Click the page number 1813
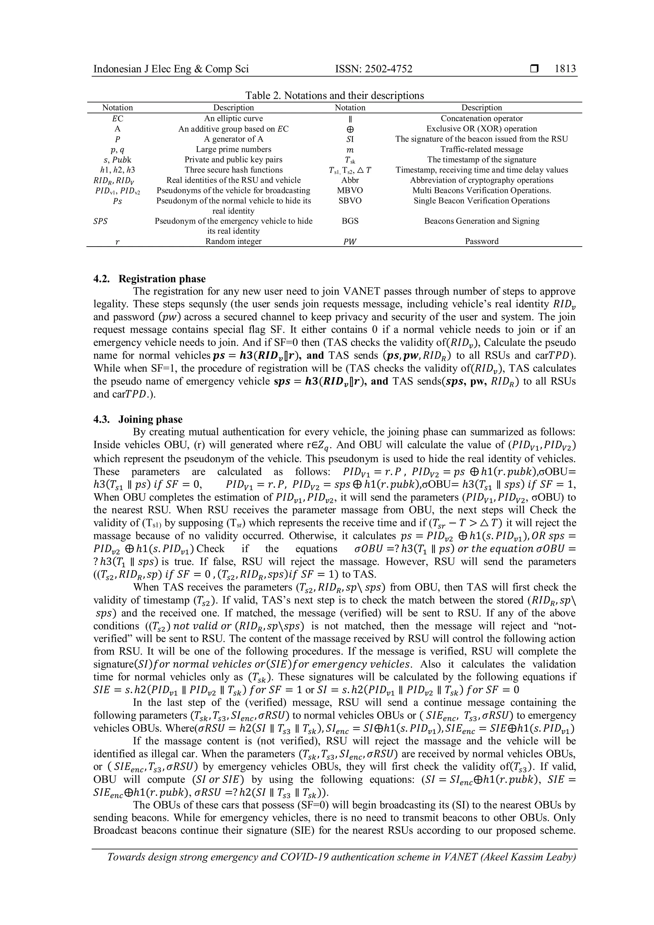(x=565, y=69)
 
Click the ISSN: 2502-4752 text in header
(x=373, y=69)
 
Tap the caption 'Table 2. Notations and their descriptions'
(x=335, y=96)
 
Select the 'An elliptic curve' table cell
(x=233, y=118)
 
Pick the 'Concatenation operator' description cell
(x=481, y=118)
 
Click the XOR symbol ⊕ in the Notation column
(x=350, y=129)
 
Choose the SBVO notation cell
(x=350, y=201)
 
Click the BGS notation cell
(x=350, y=221)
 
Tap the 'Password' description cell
(x=481, y=241)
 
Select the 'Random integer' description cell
(x=233, y=241)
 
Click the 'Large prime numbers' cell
(x=233, y=149)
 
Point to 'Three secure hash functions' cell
(x=233, y=170)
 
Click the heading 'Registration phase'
(x=162, y=279)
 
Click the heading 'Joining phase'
(x=150, y=419)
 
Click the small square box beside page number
(x=534, y=69)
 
